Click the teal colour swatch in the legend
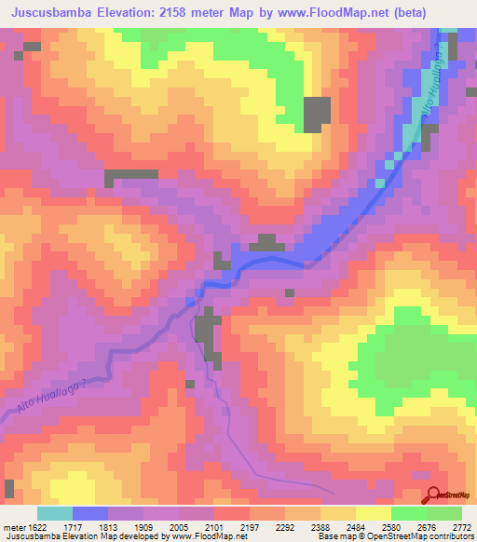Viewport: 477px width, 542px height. tap(55, 513)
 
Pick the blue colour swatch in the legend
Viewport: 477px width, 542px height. tap(90, 513)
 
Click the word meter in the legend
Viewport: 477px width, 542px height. tap(14, 526)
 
